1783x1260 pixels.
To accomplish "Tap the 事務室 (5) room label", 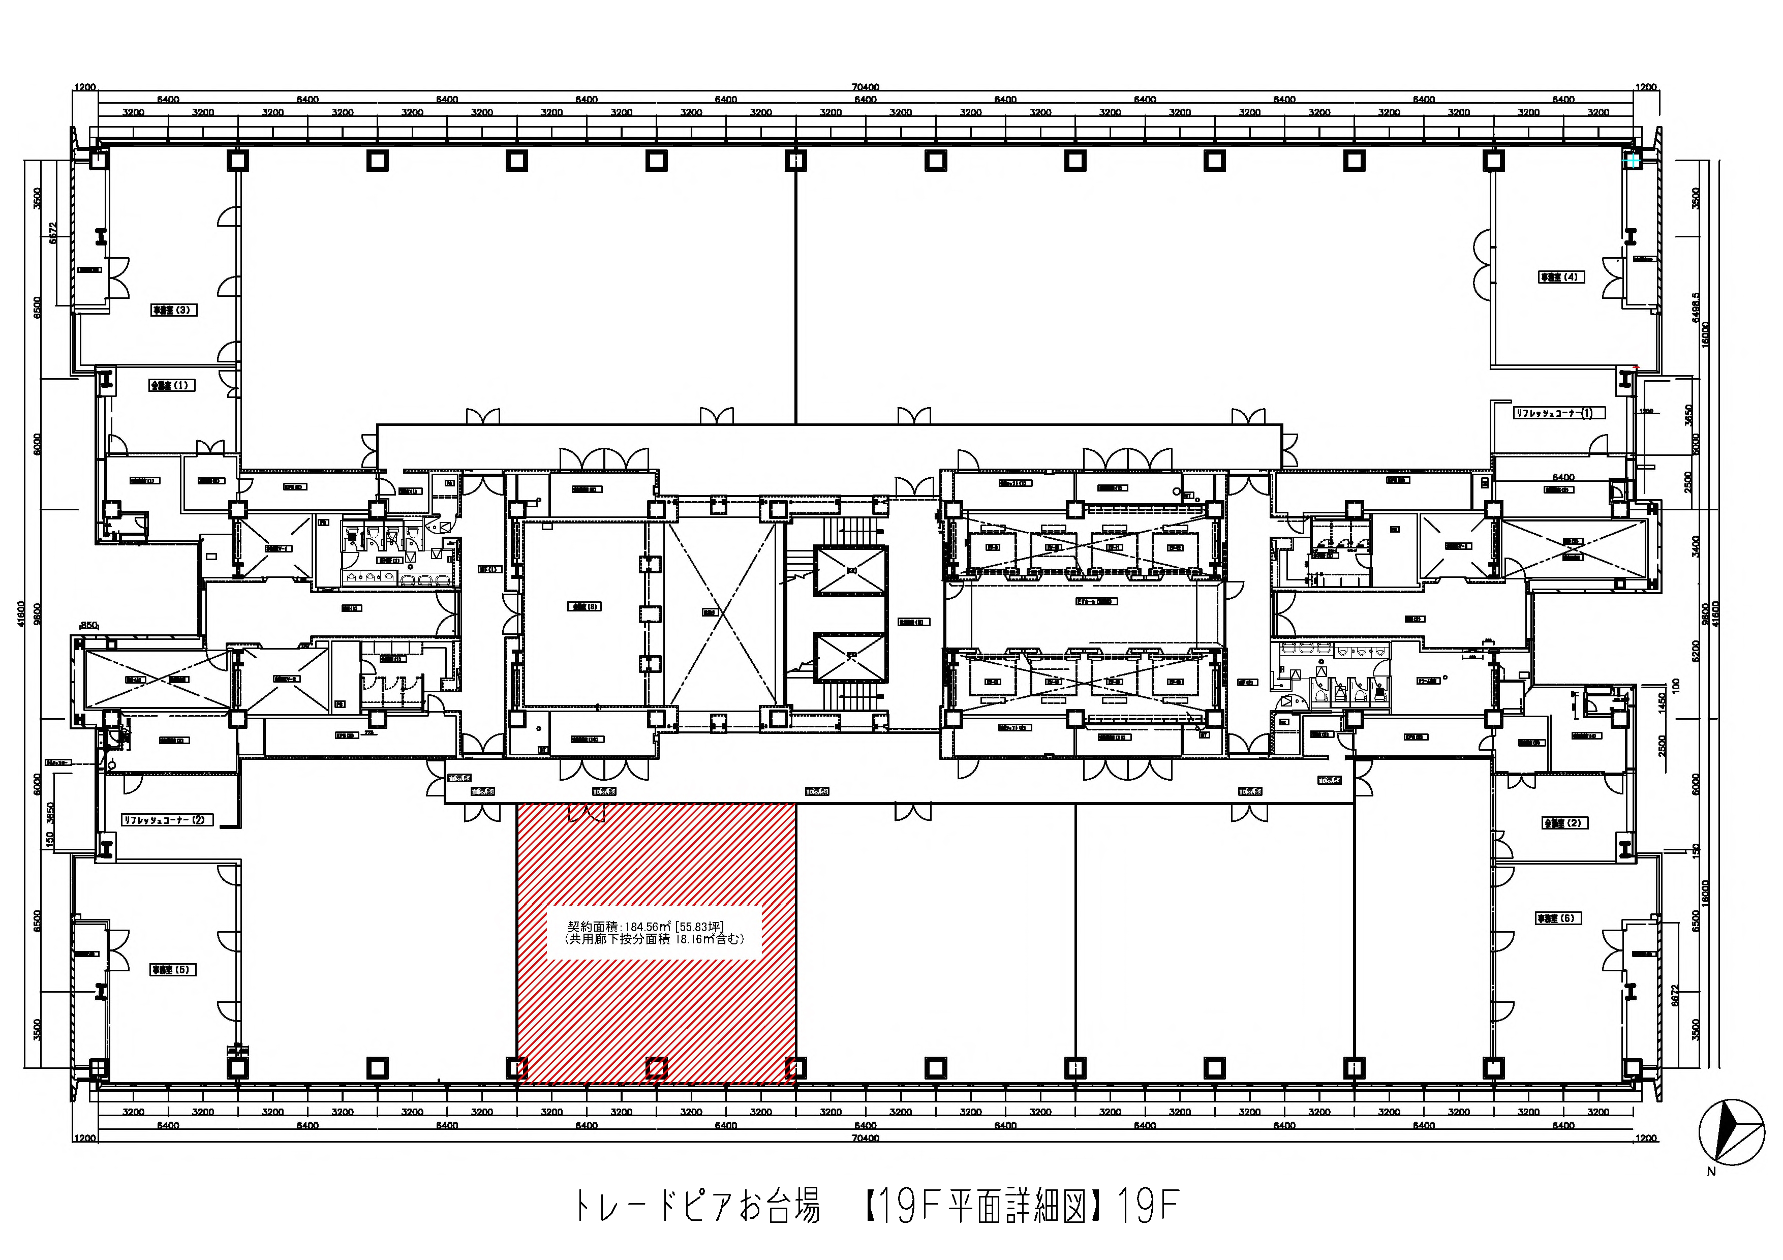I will coord(172,970).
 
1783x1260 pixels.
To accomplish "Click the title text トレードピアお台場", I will coord(697,1206).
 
